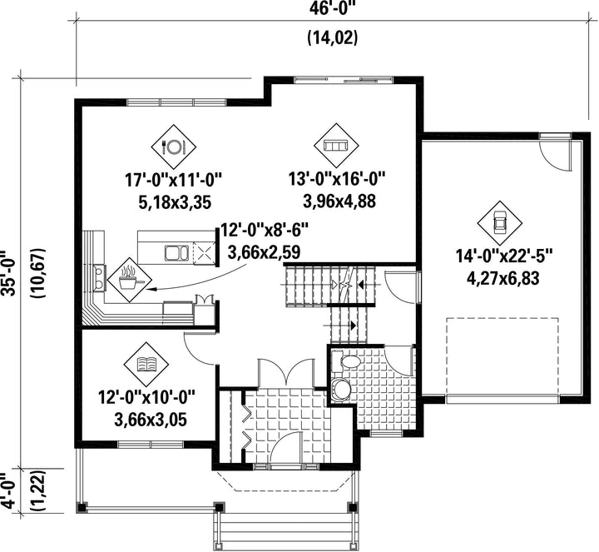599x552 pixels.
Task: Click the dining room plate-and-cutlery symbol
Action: coord(173,147)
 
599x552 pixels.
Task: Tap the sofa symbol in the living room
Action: coord(336,146)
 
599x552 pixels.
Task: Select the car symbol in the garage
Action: coord(500,223)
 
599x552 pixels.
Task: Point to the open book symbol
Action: coord(146,364)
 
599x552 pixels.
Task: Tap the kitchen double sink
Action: coord(176,253)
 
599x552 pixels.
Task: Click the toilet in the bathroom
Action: coord(346,361)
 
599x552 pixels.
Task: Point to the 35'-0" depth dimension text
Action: coord(8,273)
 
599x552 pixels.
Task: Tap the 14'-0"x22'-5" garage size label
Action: coord(504,256)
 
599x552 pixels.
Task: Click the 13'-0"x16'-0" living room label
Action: coord(337,178)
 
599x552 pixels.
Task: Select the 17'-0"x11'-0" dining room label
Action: coord(174,180)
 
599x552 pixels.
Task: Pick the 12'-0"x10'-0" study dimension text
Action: coord(147,397)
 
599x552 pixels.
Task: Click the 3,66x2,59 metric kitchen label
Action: coord(264,252)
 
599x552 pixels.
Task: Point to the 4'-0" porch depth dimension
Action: coord(8,491)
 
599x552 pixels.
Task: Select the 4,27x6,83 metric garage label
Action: coord(503,278)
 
